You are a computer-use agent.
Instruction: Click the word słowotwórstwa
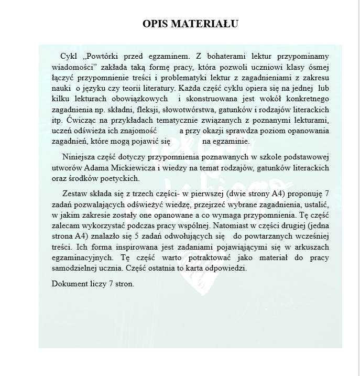click(x=201, y=109)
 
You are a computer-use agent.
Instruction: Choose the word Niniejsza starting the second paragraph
click(x=79, y=156)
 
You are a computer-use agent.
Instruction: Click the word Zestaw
click(x=74, y=194)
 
